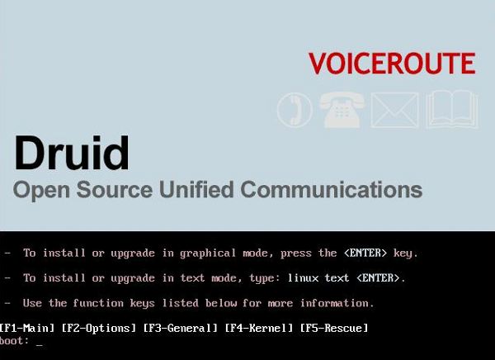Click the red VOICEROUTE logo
pyautogui.click(x=392, y=64)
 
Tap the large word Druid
pyautogui.click(x=72, y=154)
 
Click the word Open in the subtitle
pyautogui.click(x=41, y=190)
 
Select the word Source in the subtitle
pyautogui.click(x=115, y=190)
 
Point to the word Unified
pyautogui.click(x=196, y=189)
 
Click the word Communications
pyautogui.click(x=331, y=189)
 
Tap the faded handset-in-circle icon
pyautogui.click(x=295, y=110)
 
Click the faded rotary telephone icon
pyautogui.click(x=342, y=110)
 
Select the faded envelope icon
pyautogui.click(x=394, y=110)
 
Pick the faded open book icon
pyautogui.click(x=452, y=109)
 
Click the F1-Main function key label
pyautogui.click(x=26, y=328)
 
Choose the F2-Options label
pyautogui.click(x=98, y=329)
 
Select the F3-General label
pyautogui.click(x=180, y=328)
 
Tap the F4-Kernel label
pyautogui.click(x=259, y=328)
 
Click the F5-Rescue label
pyautogui.click(x=334, y=328)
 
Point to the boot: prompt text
pyautogui.click(x=14, y=340)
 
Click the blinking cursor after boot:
pyautogui.click(x=39, y=345)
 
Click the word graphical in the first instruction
pyautogui.click(x=208, y=253)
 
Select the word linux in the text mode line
pyautogui.click(x=303, y=277)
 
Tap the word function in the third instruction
pyautogui.click(x=98, y=303)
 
